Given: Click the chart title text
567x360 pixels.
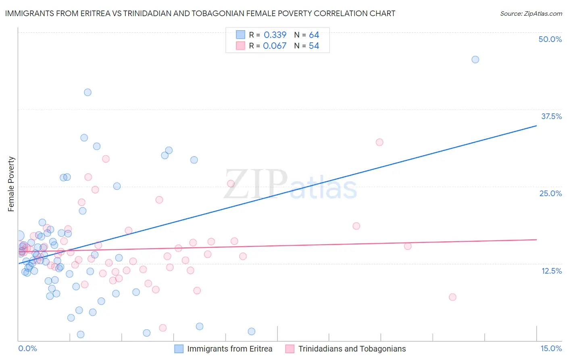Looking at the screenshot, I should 200,13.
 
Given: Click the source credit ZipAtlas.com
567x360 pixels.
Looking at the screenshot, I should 531,13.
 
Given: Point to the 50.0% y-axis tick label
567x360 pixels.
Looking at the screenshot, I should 550,39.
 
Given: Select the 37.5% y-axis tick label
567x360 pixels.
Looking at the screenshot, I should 551,116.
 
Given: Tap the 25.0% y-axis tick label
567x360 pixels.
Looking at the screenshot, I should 550,193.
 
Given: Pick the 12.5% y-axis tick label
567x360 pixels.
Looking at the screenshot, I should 551,271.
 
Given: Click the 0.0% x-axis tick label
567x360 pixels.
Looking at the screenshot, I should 28,348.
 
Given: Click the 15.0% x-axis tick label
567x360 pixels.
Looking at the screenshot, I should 551,348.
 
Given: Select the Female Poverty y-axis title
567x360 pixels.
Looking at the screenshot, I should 11,184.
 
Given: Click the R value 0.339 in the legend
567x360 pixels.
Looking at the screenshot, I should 275,35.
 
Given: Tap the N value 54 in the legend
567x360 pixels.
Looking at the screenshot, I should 314,46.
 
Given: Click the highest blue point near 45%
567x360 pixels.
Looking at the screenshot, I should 475,60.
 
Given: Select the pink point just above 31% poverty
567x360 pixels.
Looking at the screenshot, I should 379,142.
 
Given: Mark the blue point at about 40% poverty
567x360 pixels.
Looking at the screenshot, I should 88,92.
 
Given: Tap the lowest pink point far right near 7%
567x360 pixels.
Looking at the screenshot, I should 452,297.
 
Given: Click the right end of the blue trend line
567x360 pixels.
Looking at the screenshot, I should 536,126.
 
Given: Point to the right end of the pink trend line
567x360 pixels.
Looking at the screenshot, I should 536,240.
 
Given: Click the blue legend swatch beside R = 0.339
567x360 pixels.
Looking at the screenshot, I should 241,35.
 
